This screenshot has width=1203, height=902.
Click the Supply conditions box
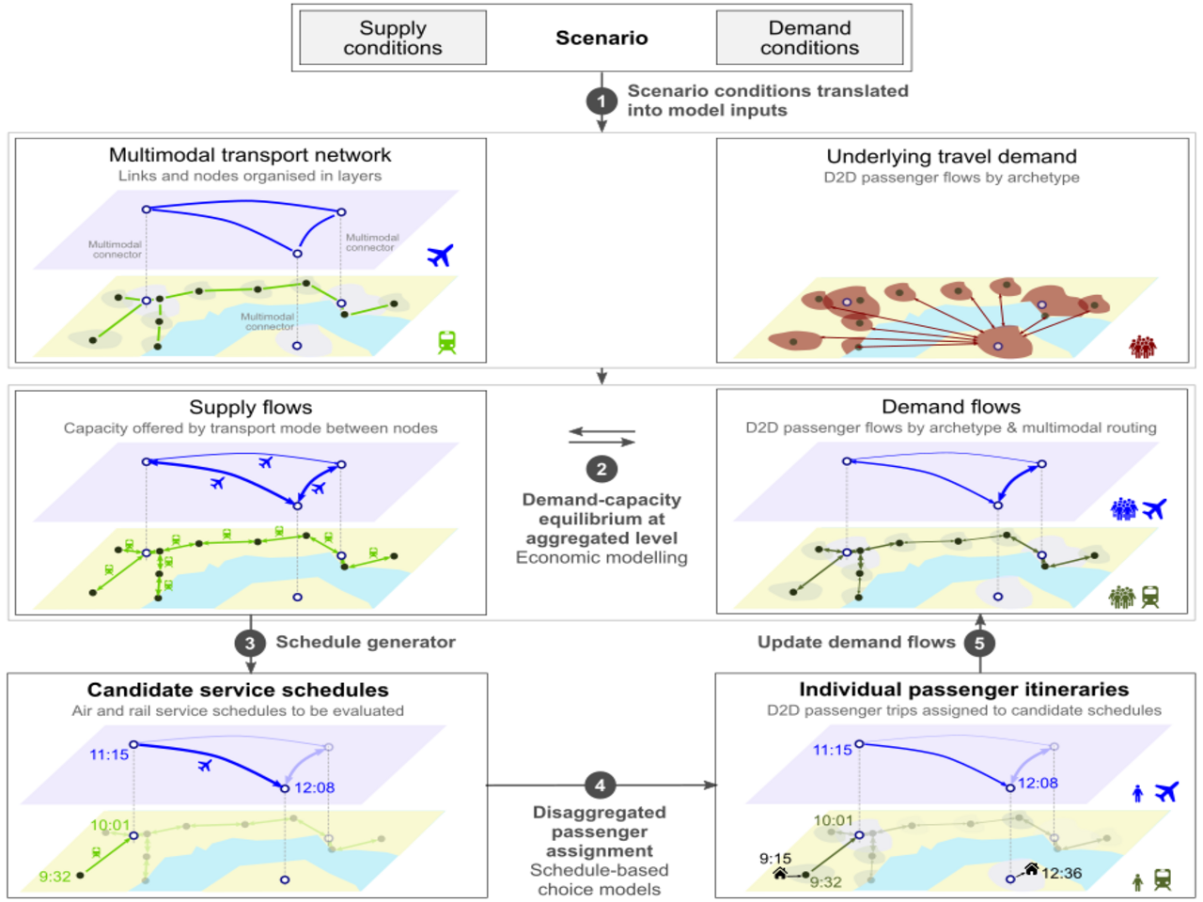(x=393, y=38)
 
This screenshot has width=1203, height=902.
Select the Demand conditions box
(x=809, y=38)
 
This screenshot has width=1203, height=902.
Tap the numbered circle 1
(x=601, y=101)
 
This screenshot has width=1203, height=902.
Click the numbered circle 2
(x=601, y=469)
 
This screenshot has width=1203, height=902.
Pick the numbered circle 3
(x=250, y=643)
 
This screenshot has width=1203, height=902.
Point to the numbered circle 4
(x=600, y=785)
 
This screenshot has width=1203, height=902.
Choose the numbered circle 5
(x=979, y=643)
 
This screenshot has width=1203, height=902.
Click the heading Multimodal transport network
(x=250, y=155)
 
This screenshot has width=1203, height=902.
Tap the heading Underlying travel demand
(x=951, y=156)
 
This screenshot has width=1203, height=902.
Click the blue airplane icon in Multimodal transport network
(x=440, y=255)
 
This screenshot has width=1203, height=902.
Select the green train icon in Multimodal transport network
(x=446, y=342)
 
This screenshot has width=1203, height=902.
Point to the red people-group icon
(x=1142, y=347)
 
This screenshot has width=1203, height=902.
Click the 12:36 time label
(x=1061, y=873)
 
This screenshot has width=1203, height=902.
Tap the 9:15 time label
(x=775, y=858)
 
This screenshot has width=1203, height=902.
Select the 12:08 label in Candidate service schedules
(x=314, y=787)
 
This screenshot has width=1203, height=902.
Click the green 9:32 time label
(x=55, y=877)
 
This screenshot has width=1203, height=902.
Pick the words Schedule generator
(x=366, y=642)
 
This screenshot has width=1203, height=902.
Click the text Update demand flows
(x=856, y=642)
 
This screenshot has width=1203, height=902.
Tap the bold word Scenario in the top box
(x=601, y=38)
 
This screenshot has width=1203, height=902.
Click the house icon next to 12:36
(x=1031, y=869)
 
